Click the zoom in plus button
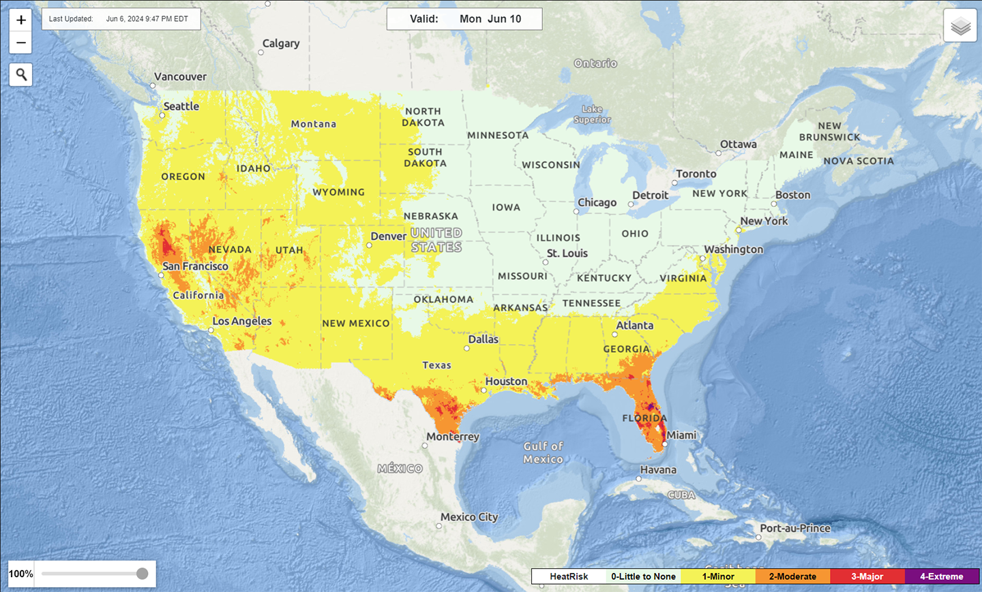tap(21, 20)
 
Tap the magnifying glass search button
tap(21, 74)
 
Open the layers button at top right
tap(960, 26)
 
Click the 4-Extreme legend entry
tap(941, 576)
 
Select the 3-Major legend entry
tap(867, 576)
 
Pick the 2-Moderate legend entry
tap(792, 576)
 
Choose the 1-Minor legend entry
tap(718, 576)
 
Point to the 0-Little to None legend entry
tap(643, 576)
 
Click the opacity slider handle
tap(142, 574)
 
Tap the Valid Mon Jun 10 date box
tap(464, 19)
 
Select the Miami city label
tap(681, 435)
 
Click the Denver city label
tap(388, 236)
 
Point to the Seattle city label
tap(181, 106)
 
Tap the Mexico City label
tap(469, 517)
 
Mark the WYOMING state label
tap(338, 192)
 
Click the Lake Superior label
tap(592, 114)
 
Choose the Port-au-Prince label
tap(795, 528)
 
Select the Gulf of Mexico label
tap(544, 452)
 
